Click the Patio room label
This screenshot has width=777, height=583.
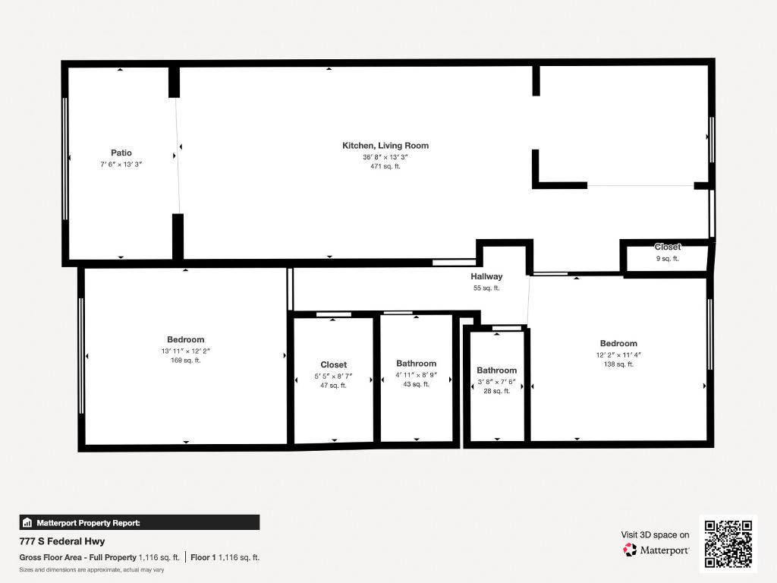click(x=121, y=153)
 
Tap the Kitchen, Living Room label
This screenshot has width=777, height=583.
click(x=385, y=146)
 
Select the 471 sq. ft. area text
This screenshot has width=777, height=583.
click(x=385, y=166)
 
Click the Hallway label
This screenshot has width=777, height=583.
click(x=486, y=277)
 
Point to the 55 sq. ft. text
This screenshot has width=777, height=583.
click(x=486, y=288)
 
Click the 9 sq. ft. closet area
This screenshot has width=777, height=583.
click(x=668, y=258)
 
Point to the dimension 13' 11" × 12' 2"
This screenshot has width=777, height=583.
click(x=186, y=351)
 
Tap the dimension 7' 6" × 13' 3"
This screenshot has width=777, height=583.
click(x=121, y=164)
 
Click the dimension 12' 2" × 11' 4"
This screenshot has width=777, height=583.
click(x=618, y=355)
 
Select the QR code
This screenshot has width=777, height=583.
click(x=728, y=543)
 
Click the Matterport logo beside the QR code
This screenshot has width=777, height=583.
click(x=656, y=550)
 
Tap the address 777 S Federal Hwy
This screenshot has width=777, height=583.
click(x=62, y=542)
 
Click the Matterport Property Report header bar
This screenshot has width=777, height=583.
click(x=140, y=522)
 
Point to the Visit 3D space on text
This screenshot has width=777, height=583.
click(x=656, y=535)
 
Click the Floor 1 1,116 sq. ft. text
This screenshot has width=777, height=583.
click(x=225, y=557)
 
